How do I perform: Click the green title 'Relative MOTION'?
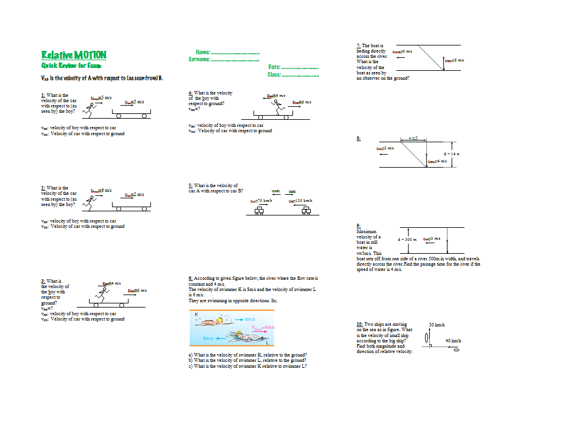74,55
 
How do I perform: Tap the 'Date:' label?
274,68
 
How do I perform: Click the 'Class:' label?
274,75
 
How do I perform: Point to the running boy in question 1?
88,109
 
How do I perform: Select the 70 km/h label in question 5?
261,201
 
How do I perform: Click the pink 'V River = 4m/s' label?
263,327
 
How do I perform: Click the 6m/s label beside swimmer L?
208,339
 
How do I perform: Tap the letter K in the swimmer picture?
196,315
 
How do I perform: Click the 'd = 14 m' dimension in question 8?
452,154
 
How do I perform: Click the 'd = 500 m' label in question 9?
407,239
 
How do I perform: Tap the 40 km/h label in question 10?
453,341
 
